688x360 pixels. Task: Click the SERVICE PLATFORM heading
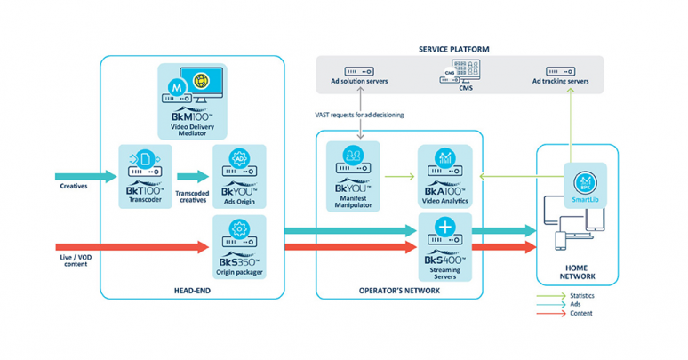coord(454,48)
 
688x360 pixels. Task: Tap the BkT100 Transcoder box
coord(144,176)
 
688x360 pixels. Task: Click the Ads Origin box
coord(237,176)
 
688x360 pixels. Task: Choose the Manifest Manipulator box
coord(353,175)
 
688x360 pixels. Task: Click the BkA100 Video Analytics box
coord(444,176)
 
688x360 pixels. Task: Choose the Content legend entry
coord(579,313)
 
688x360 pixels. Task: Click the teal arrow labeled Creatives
coord(85,176)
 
